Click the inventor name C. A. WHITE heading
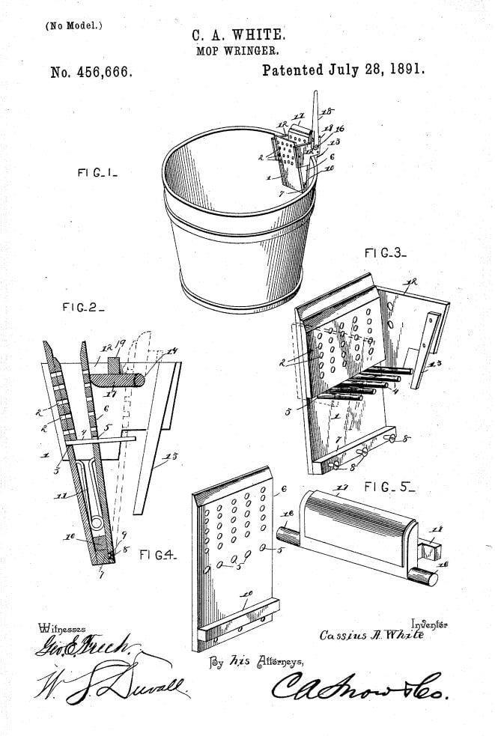pyautogui.click(x=238, y=35)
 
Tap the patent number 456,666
pyautogui.click(x=92, y=73)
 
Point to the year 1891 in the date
pyautogui.click(x=405, y=70)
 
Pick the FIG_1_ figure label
pyautogui.click(x=97, y=172)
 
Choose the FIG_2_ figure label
pyautogui.click(x=83, y=307)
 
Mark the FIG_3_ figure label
pyautogui.click(x=386, y=254)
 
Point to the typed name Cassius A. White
pyautogui.click(x=371, y=635)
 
